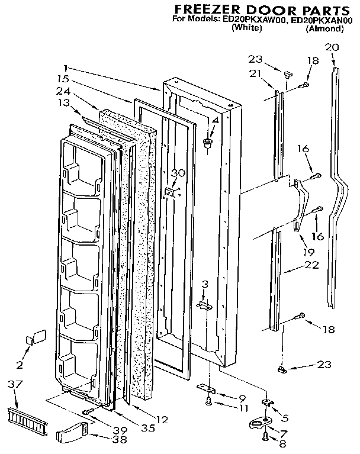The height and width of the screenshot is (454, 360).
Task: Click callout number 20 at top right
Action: [x=332, y=47]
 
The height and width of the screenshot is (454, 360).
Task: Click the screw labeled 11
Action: [x=209, y=402]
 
